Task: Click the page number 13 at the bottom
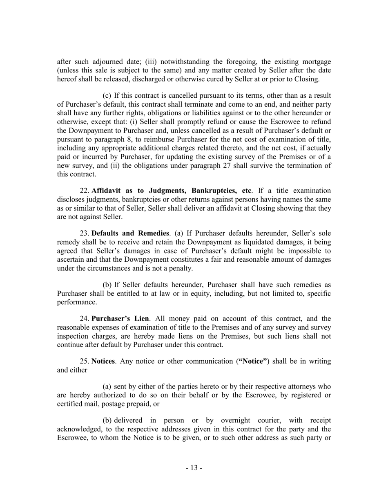[194, 468]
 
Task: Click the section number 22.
[84, 190]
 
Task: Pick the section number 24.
[84, 318]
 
